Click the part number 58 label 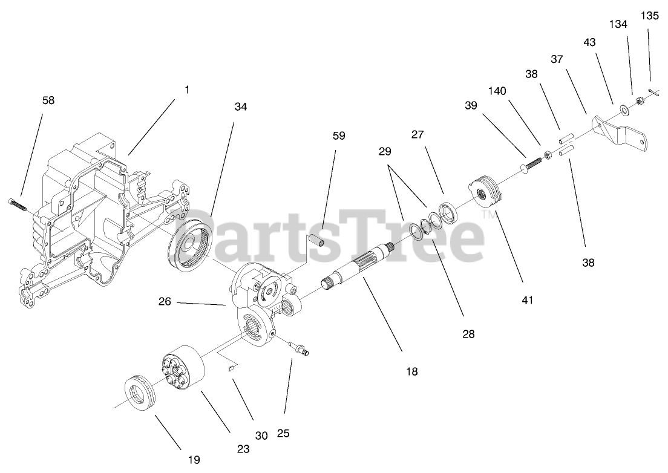click(48, 100)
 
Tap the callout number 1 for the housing click(187, 90)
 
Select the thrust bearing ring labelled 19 click(140, 394)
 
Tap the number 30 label click(261, 435)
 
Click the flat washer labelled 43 click(623, 109)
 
